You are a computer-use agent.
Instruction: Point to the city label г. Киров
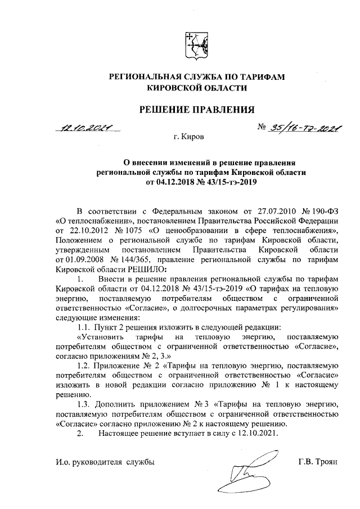pos(189,137)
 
